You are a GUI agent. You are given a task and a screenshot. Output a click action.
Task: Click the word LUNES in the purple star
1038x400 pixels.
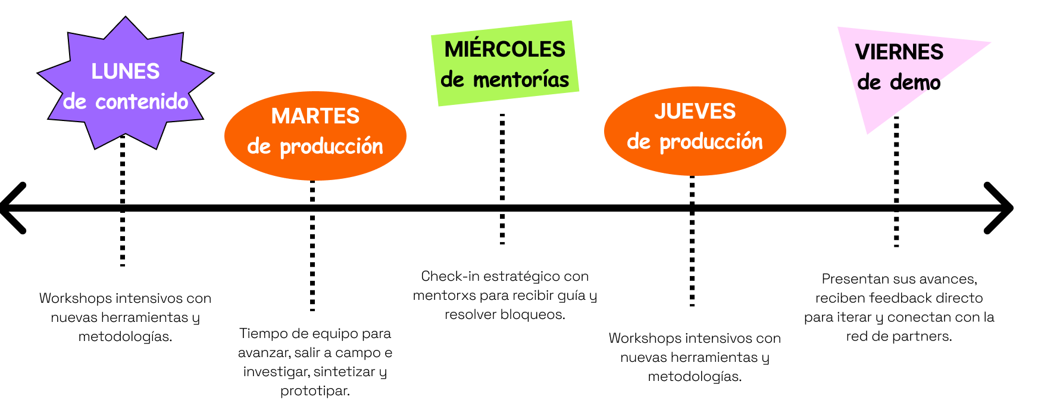click(125, 72)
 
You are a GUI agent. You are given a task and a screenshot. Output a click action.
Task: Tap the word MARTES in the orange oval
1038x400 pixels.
click(315, 116)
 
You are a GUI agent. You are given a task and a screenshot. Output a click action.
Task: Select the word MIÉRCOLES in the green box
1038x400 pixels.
click(505, 49)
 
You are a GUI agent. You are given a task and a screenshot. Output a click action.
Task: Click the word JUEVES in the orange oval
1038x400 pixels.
click(695, 111)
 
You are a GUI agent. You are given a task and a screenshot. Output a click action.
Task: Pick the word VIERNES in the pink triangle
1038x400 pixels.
click(899, 52)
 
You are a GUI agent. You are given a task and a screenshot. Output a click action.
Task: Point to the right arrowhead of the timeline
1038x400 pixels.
click(999, 208)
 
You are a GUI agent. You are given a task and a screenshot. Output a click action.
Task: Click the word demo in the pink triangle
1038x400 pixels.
click(915, 83)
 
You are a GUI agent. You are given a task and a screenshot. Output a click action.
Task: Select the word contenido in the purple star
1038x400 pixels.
click(142, 102)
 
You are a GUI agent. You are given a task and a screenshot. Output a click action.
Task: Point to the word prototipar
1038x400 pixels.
click(315, 391)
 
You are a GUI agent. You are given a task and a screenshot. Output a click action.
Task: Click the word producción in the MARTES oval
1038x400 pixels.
click(331, 147)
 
